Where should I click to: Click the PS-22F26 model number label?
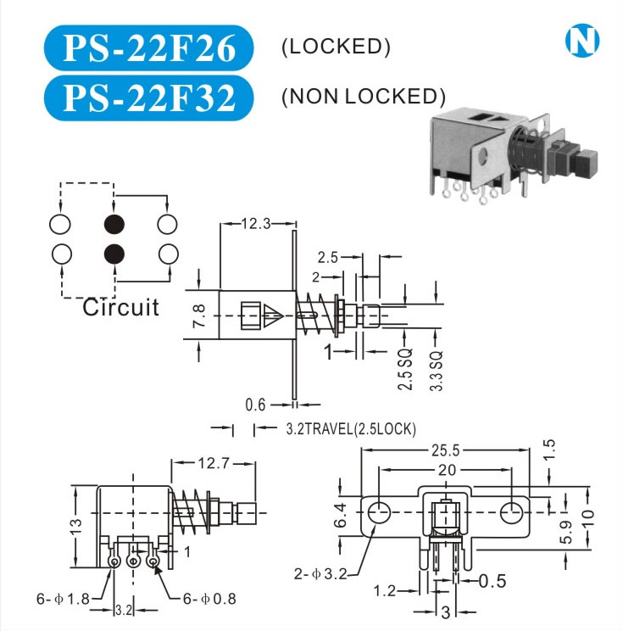click(149, 47)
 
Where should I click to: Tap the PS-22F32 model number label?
click(149, 98)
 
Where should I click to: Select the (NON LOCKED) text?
click(364, 97)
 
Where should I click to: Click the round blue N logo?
click(582, 41)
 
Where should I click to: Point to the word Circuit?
click(120, 308)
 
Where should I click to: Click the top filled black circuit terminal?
click(114, 224)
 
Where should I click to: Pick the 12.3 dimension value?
click(256, 223)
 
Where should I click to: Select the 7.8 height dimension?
click(199, 315)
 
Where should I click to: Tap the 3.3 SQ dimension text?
click(436, 371)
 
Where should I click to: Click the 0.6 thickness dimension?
click(255, 405)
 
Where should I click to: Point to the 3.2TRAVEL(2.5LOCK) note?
click(351, 429)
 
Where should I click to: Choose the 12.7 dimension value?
click(214, 464)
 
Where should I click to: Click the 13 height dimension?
click(76, 527)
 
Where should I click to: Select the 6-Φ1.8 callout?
click(63, 599)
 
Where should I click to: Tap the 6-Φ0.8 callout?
click(209, 599)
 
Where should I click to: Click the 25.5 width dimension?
click(446, 450)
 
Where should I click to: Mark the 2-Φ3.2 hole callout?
click(320, 573)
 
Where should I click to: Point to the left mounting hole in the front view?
click(379, 512)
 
